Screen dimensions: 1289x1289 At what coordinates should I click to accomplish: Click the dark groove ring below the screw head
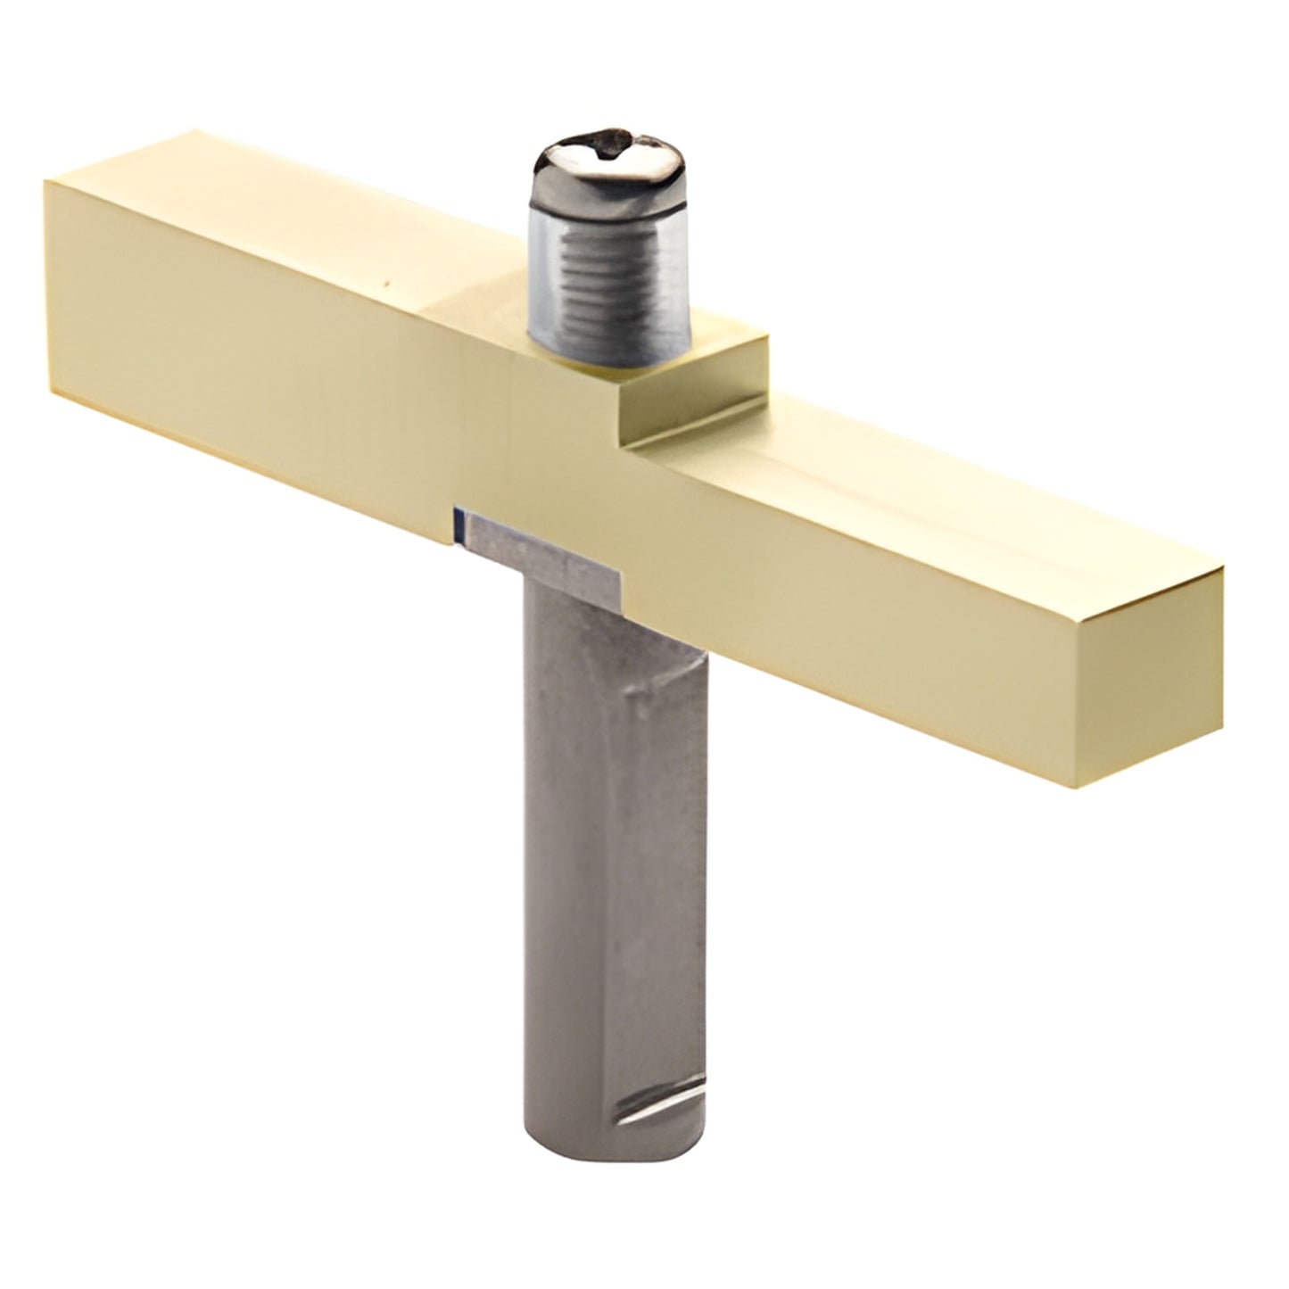pyautogui.click(x=608, y=207)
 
